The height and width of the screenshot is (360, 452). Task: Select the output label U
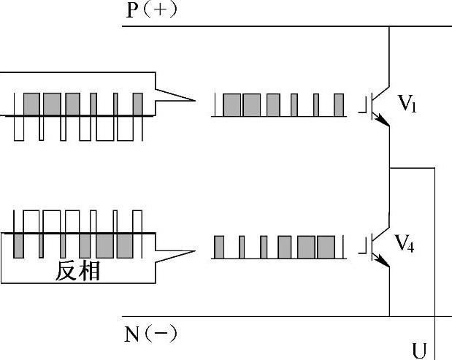click(419, 351)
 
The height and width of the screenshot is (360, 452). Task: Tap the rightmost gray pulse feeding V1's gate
click(338, 106)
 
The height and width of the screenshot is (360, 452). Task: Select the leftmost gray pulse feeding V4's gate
click(218, 247)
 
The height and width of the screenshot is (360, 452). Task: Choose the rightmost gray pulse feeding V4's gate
click(326, 247)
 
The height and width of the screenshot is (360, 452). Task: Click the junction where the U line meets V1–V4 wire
click(390, 168)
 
